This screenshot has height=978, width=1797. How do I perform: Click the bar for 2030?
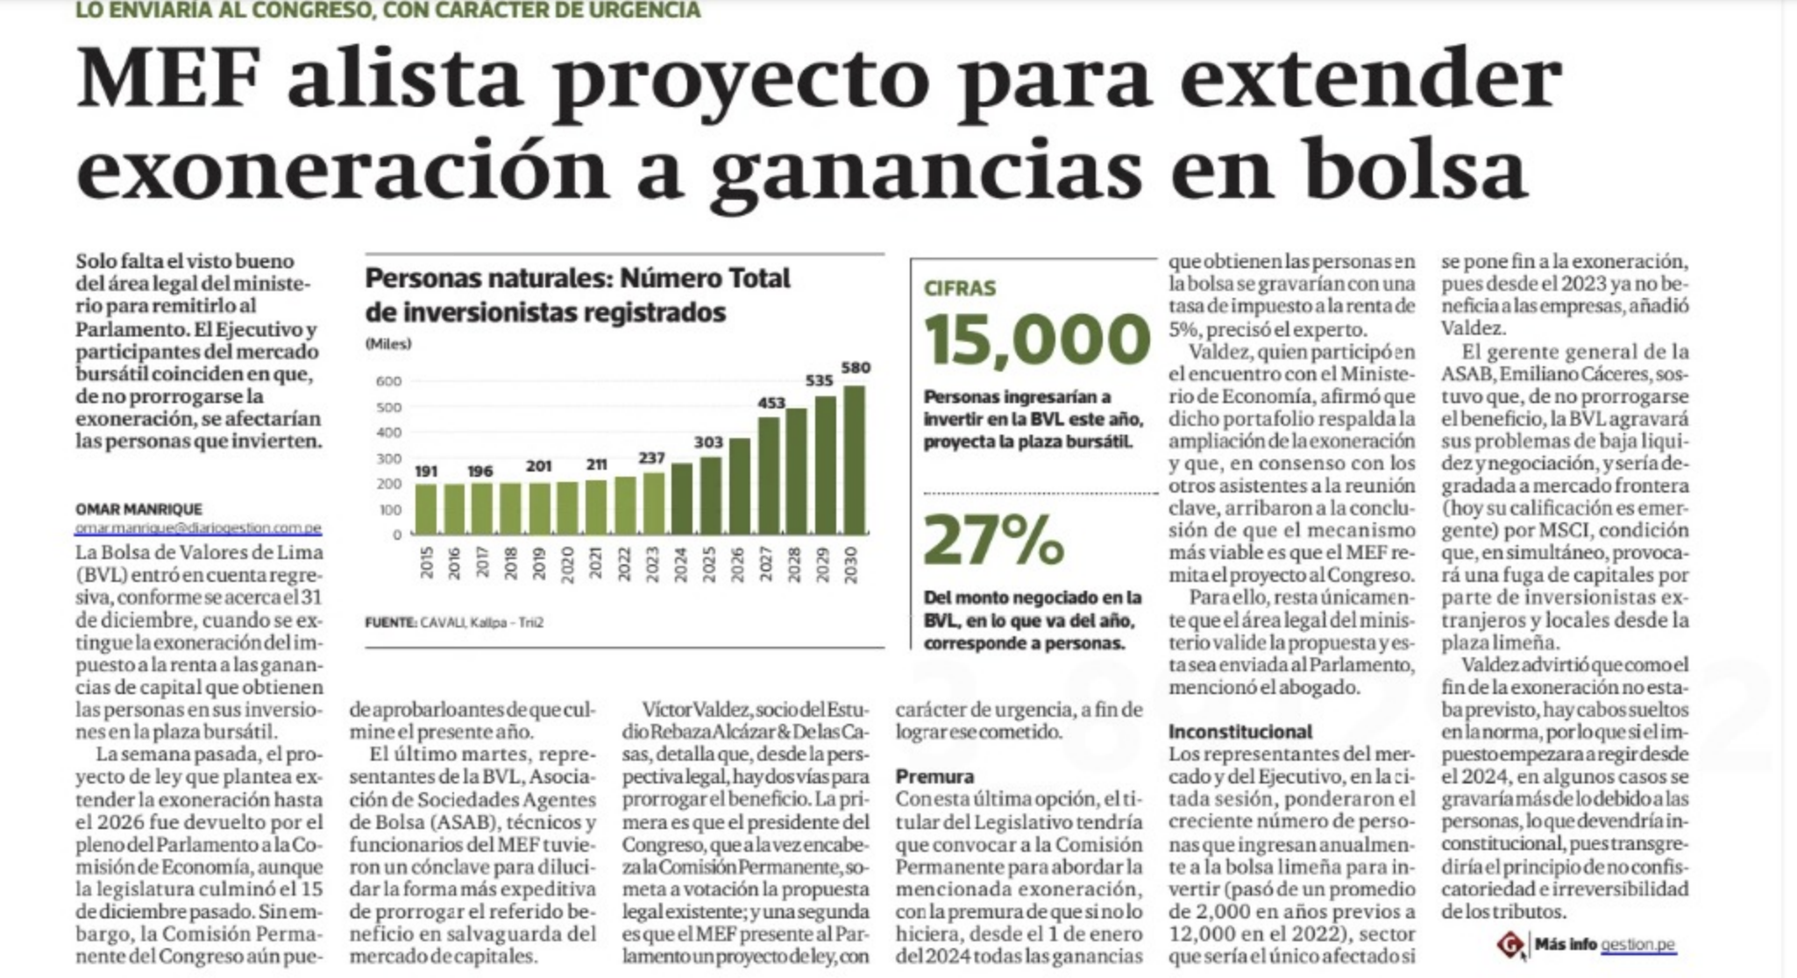pos(854,459)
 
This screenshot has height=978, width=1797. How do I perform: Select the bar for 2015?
pos(425,509)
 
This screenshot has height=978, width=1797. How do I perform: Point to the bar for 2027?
pos(768,475)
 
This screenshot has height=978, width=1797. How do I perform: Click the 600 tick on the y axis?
pos(388,381)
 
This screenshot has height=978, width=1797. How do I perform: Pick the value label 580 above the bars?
pos(856,368)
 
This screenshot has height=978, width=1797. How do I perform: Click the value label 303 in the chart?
pos(708,443)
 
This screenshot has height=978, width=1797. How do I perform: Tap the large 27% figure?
pos(994,539)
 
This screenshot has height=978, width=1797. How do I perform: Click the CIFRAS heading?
pos(960,288)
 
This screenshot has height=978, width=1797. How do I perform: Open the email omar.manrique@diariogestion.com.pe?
pos(198,528)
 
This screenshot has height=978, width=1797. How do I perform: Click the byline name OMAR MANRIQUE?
pos(139,509)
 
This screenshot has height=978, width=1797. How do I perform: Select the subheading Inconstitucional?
pos(1239,732)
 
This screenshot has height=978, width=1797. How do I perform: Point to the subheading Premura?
pos(934,776)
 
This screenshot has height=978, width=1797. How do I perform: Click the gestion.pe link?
pos(1637,945)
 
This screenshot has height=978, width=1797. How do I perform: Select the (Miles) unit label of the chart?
pos(387,344)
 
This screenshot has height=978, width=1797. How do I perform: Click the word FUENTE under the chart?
pos(390,623)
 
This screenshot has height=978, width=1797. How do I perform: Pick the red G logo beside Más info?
pos(1510,945)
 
